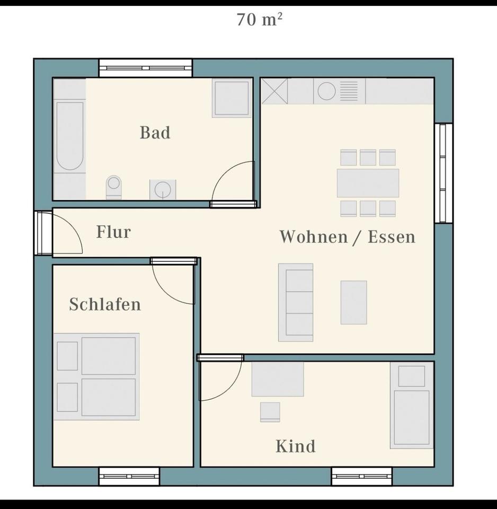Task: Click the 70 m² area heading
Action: (x=260, y=20)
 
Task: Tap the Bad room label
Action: (x=155, y=133)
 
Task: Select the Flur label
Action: (x=113, y=232)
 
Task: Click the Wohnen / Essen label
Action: (x=347, y=236)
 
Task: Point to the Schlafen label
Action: (x=105, y=304)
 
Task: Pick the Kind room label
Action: (x=295, y=446)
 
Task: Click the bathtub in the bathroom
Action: (x=70, y=136)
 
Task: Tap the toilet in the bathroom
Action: (x=113, y=187)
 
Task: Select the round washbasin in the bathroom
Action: (x=162, y=189)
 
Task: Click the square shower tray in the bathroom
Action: (x=232, y=98)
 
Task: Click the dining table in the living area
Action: (x=368, y=183)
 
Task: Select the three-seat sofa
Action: (x=296, y=302)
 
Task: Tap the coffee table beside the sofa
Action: (x=353, y=302)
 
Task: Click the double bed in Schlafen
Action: (x=96, y=376)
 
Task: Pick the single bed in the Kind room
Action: (x=412, y=406)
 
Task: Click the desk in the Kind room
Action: (x=278, y=379)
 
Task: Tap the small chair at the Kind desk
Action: (x=270, y=412)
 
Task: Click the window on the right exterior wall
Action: (x=443, y=173)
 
